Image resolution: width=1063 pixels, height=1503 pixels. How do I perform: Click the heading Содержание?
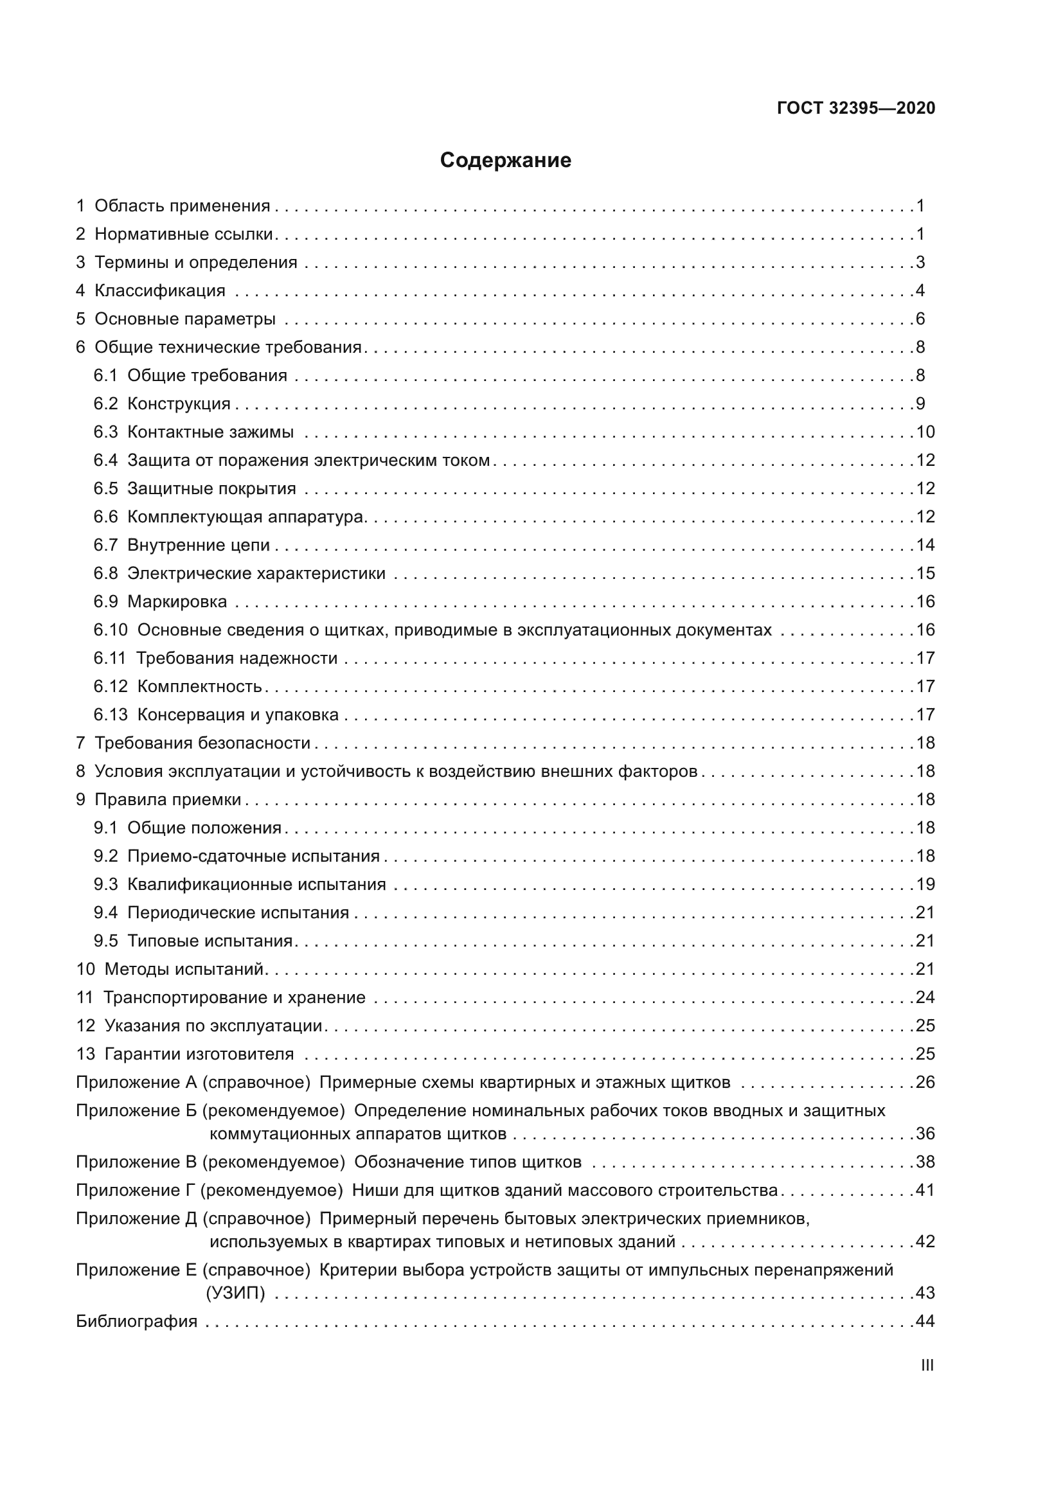[x=505, y=161]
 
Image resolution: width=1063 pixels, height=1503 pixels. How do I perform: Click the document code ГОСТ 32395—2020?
[x=855, y=109]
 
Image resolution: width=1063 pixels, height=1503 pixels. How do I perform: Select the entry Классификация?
[x=160, y=290]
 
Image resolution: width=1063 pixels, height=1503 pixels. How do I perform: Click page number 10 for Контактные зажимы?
[x=925, y=432]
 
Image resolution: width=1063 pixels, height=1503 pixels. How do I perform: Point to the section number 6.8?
[x=105, y=573]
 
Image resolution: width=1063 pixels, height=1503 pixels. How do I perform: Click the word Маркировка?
[x=177, y=601]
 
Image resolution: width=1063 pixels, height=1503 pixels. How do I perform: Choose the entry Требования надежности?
[x=237, y=658]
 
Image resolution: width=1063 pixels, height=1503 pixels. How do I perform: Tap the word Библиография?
[x=137, y=1321]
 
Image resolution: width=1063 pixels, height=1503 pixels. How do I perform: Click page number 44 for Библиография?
[x=925, y=1321]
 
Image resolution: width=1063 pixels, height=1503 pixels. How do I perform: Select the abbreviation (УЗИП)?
[x=237, y=1293]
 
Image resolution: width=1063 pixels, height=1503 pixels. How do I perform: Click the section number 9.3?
[x=105, y=884]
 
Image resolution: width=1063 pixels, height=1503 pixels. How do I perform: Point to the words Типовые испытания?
[x=210, y=941]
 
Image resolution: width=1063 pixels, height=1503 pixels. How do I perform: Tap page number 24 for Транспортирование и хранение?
[x=925, y=998]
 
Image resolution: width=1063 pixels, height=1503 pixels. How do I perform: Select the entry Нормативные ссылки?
[x=183, y=235]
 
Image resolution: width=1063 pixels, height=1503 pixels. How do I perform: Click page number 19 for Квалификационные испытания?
[x=925, y=884]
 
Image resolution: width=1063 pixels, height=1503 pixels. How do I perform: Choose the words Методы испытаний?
[x=183, y=969]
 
